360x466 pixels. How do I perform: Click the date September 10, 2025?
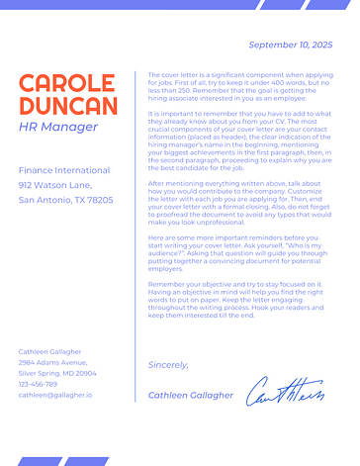pyautogui.click(x=290, y=46)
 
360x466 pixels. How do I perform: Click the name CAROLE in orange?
pyautogui.click(x=67, y=83)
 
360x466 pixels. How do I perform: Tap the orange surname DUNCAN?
pyautogui.click(x=67, y=106)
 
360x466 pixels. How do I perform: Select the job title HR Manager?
pyautogui.click(x=58, y=128)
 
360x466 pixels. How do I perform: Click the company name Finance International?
pyautogui.click(x=64, y=170)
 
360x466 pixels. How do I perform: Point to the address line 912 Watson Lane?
pyautogui.click(x=54, y=185)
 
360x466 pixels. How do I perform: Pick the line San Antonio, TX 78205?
pyautogui.click(x=65, y=200)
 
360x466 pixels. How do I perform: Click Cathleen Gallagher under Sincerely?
pyautogui.click(x=191, y=395)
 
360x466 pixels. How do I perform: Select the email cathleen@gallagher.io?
pyautogui.click(x=54, y=395)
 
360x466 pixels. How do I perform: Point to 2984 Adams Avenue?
pyautogui.click(x=52, y=362)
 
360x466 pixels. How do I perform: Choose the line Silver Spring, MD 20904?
pyautogui.click(x=57, y=373)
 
